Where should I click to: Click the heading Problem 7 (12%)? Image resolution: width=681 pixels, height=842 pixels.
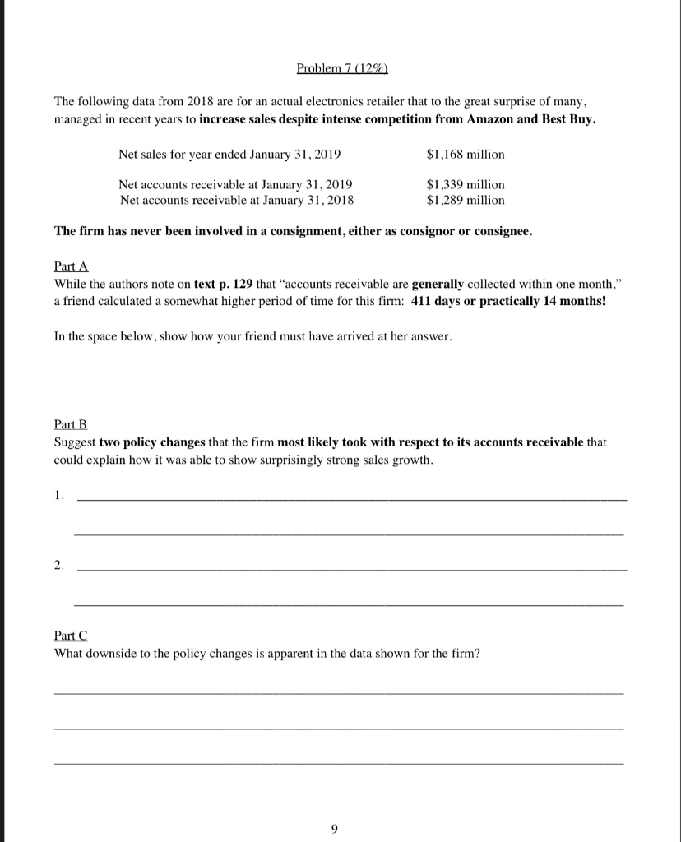340,66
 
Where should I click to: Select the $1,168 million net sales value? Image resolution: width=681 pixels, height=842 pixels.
466,155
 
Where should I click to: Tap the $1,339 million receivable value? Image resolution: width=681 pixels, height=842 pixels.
466,185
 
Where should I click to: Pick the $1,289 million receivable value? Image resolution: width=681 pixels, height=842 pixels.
466,199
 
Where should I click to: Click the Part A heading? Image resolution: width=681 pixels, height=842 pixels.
71,268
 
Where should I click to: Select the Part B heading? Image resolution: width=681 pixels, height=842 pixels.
71,424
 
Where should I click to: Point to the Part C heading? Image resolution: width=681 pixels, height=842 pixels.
71,636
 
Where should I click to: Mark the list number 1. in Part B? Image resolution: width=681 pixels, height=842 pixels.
58,496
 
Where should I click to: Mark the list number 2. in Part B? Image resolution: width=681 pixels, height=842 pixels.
58,566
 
